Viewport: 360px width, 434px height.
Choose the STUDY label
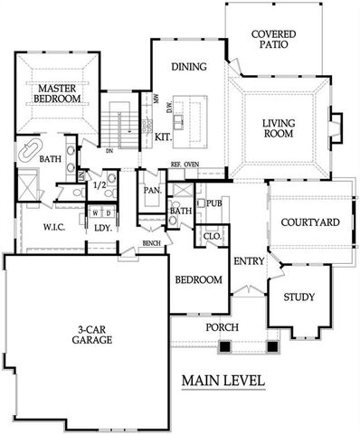coord(298,297)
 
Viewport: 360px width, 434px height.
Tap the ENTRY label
coord(248,261)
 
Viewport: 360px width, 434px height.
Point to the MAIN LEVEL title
coord(223,380)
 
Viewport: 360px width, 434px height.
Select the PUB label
coord(213,203)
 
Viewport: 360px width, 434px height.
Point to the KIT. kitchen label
coord(164,137)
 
